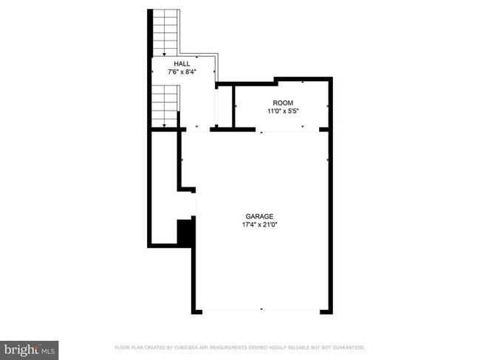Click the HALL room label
(181, 64)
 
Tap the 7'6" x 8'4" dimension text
(181, 72)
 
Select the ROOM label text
(283, 103)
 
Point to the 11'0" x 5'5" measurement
(283, 111)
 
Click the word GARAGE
(259, 216)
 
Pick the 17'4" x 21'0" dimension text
(259, 225)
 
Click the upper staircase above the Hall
(165, 32)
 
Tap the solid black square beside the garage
(185, 232)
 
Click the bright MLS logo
(30, 348)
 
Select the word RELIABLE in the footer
(301, 347)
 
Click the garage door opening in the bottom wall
(261, 311)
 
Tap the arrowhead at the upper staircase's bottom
(165, 54)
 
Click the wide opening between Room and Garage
(287, 131)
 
